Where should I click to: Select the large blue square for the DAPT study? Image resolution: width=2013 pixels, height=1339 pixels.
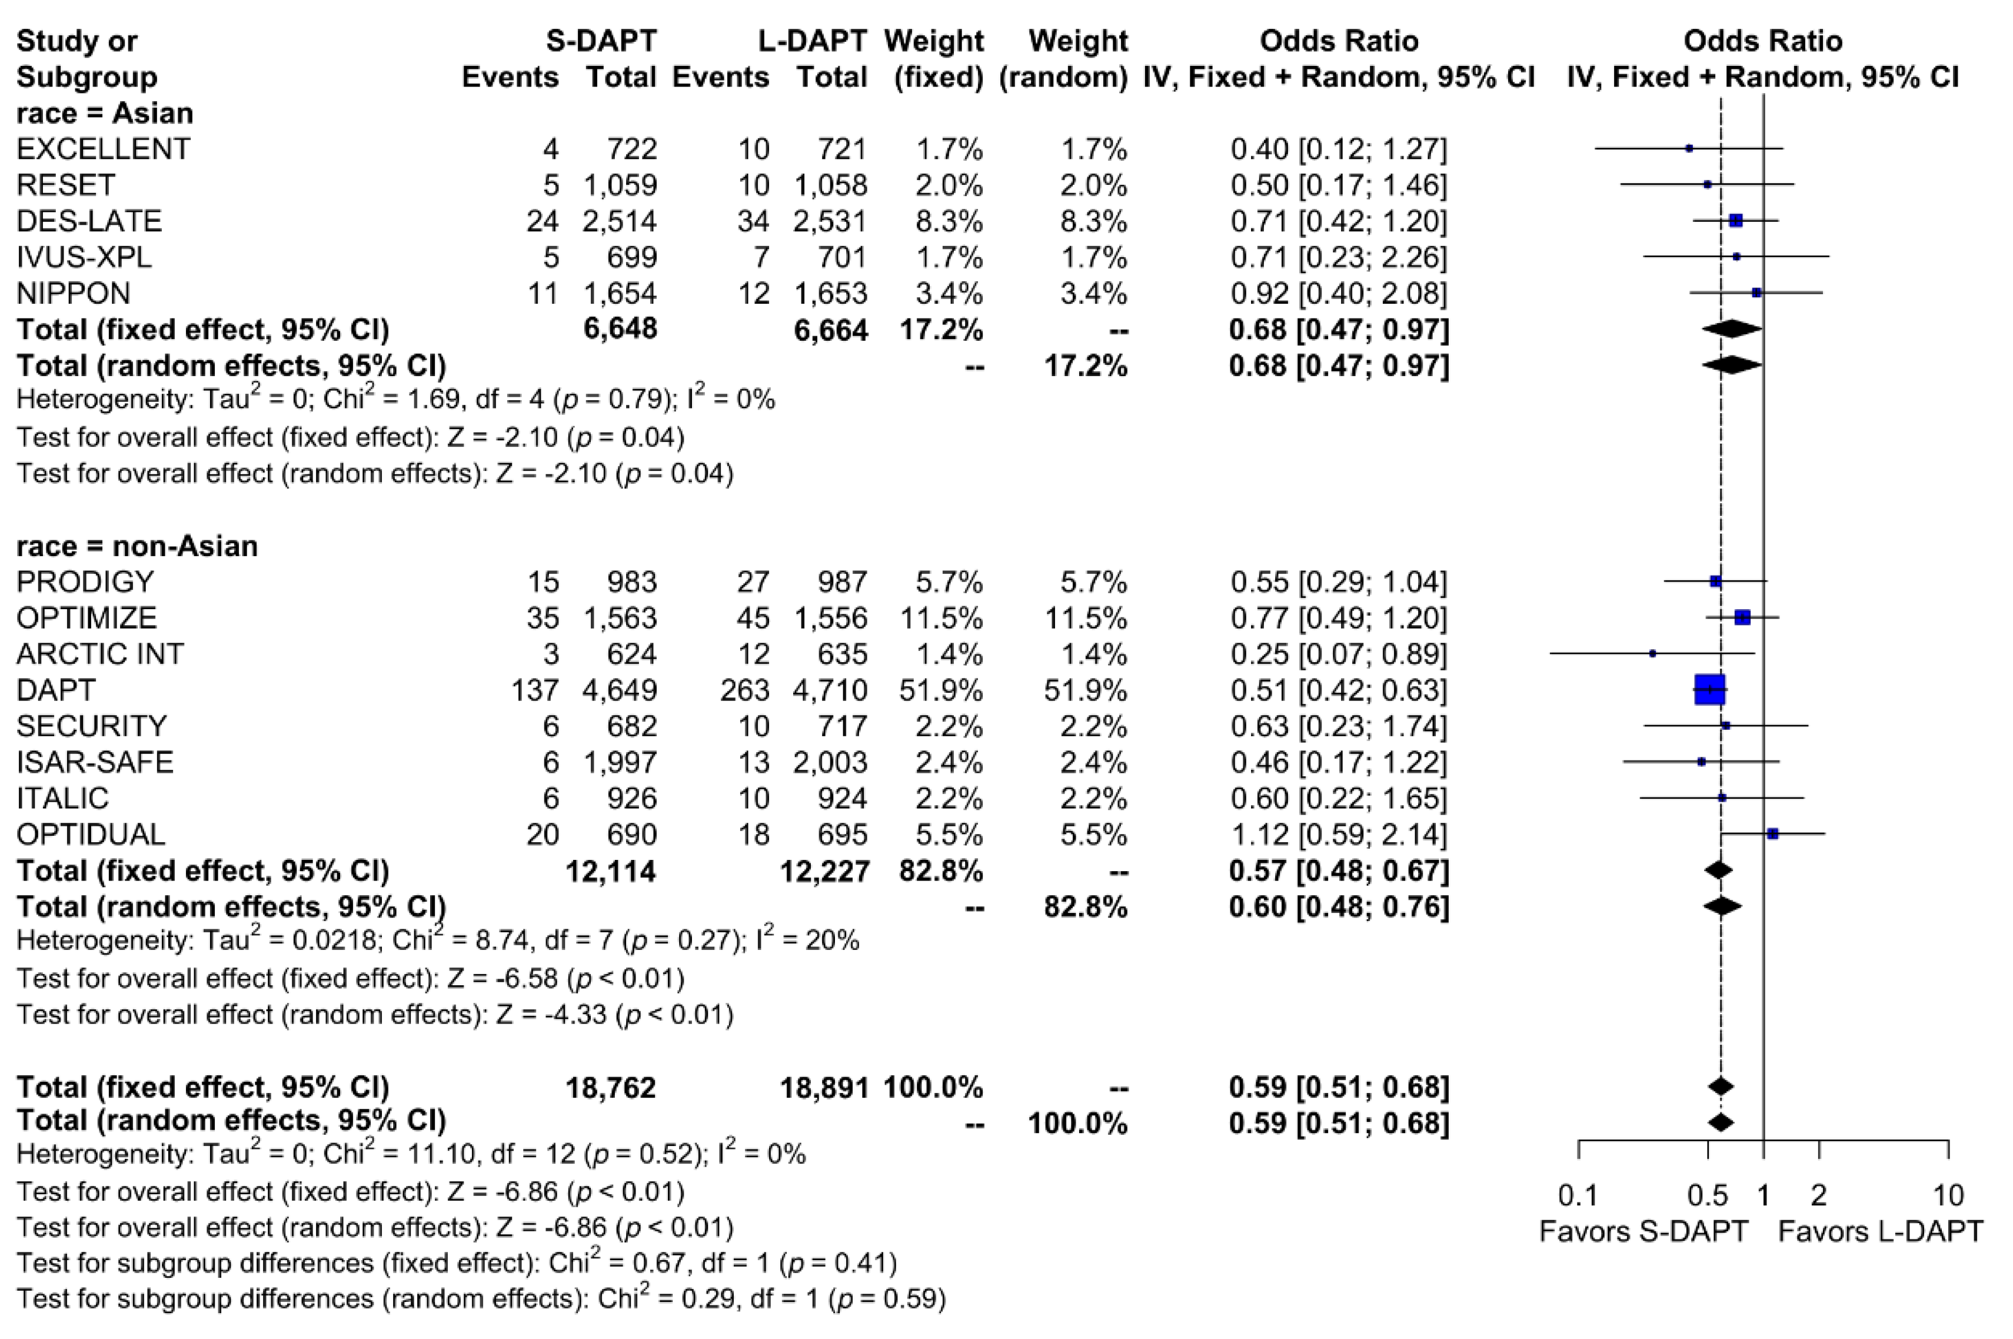pyautogui.click(x=1709, y=689)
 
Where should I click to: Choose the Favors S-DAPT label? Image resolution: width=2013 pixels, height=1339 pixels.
pyautogui.click(x=1643, y=1231)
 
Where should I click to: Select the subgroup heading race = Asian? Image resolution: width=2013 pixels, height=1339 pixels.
pyautogui.click(x=104, y=113)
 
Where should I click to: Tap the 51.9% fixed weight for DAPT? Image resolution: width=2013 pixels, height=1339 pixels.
pyautogui.click(x=940, y=689)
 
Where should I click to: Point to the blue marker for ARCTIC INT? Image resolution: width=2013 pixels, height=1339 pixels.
pyautogui.click(x=1653, y=653)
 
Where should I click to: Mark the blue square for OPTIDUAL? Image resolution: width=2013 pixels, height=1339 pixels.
pyautogui.click(x=1772, y=833)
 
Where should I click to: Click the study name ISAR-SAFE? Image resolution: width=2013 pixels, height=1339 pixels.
pyautogui.click(x=95, y=762)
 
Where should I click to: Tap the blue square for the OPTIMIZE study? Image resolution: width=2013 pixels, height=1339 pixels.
pyautogui.click(x=1742, y=617)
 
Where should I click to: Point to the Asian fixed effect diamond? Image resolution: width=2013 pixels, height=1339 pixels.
pyautogui.click(x=1731, y=330)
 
